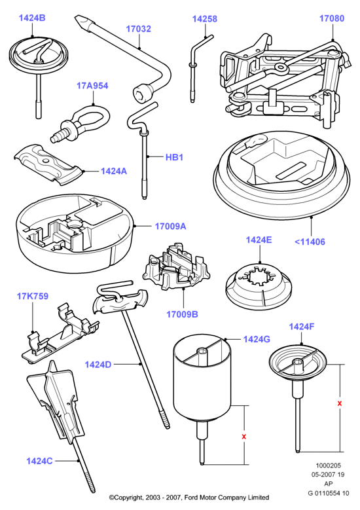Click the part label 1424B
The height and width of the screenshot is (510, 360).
click(x=32, y=18)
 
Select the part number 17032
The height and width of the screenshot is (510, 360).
click(x=139, y=29)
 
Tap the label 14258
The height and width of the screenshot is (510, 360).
click(x=205, y=19)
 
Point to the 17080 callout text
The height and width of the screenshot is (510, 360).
click(x=332, y=18)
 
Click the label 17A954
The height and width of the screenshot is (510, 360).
click(x=92, y=86)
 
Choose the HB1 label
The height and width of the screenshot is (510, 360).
click(x=174, y=157)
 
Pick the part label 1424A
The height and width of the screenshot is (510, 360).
click(x=114, y=171)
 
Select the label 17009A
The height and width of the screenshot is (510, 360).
click(x=170, y=226)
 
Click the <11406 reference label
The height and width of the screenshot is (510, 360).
click(x=310, y=242)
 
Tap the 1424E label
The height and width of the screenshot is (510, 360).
click(x=259, y=240)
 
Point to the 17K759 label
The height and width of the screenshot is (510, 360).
click(x=33, y=297)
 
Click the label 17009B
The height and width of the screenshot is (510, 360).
click(x=182, y=314)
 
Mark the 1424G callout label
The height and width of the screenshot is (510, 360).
click(x=257, y=339)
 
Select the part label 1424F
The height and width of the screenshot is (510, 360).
click(x=302, y=327)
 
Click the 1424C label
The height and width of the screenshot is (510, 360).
click(x=39, y=461)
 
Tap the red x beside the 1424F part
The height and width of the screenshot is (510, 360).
click(x=340, y=403)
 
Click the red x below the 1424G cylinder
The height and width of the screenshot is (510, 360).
click(x=244, y=437)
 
